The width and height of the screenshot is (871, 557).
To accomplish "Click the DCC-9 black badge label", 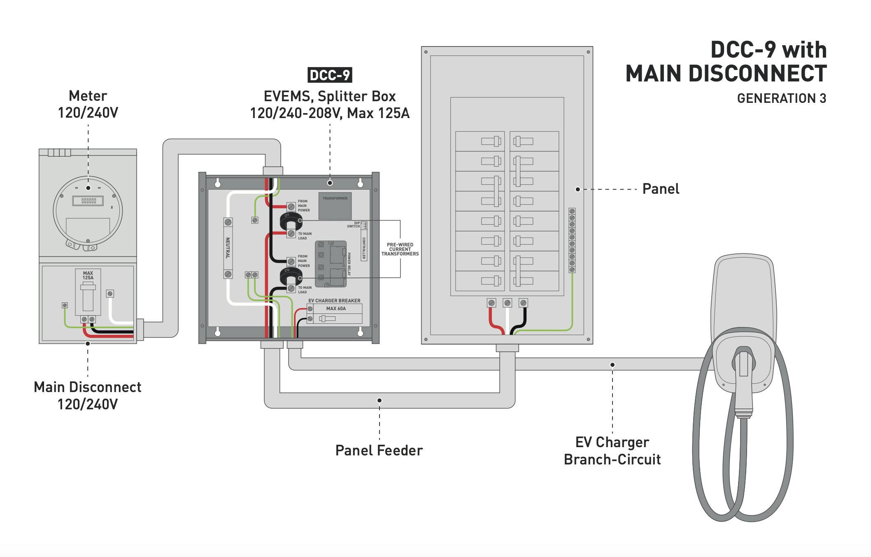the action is coord(330,75).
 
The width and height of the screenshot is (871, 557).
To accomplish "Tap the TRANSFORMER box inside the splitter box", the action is coord(335,206).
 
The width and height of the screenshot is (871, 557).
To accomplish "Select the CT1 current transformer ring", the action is coord(291,221).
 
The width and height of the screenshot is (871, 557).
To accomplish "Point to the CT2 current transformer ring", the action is coord(291,276).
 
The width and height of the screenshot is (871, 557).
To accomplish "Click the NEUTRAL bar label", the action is coord(228,248).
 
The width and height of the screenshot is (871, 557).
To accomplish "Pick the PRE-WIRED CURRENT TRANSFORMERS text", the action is coord(400,249).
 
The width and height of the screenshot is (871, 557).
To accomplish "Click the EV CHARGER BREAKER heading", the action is coord(334,301).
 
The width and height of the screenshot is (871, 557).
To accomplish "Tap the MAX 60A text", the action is coord(336,309).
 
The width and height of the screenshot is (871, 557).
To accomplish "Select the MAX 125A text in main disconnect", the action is coord(88,275).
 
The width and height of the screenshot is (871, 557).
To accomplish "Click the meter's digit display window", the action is coord(88,201).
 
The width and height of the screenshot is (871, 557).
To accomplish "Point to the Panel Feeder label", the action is coord(379,450).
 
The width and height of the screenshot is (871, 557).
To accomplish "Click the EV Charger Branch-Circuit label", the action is coord(612,451).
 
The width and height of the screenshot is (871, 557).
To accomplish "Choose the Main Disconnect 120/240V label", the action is coord(88,396).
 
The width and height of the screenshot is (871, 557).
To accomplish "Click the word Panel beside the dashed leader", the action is coord(661,189).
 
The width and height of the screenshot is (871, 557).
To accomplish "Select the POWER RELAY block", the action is coord(331,264).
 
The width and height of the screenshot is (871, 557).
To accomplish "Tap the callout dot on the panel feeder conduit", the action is coord(380,400).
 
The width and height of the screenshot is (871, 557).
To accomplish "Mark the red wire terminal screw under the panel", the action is coord(491,303).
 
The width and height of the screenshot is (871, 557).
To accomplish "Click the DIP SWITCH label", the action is coord(354,225).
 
